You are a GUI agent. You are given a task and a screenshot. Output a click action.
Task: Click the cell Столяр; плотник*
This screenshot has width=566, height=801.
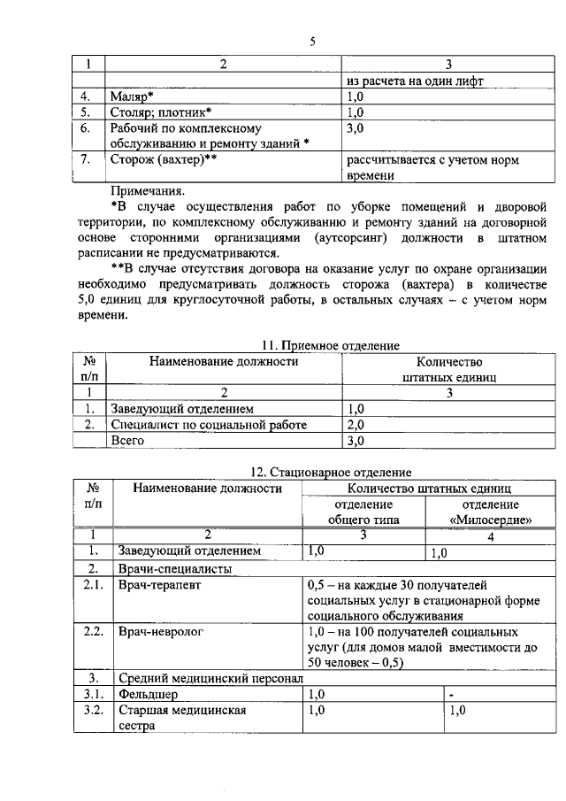point(159,112)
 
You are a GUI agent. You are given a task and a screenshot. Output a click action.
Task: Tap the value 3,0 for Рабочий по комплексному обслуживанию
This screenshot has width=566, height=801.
point(355,128)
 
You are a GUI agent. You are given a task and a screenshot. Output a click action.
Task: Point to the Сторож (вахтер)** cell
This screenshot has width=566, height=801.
point(164,160)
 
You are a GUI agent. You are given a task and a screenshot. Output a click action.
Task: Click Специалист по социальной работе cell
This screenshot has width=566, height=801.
point(208,425)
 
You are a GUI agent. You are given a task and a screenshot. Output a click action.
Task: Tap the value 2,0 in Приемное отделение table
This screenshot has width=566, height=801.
point(355,425)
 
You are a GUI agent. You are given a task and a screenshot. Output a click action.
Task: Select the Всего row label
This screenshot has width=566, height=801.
point(126,440)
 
